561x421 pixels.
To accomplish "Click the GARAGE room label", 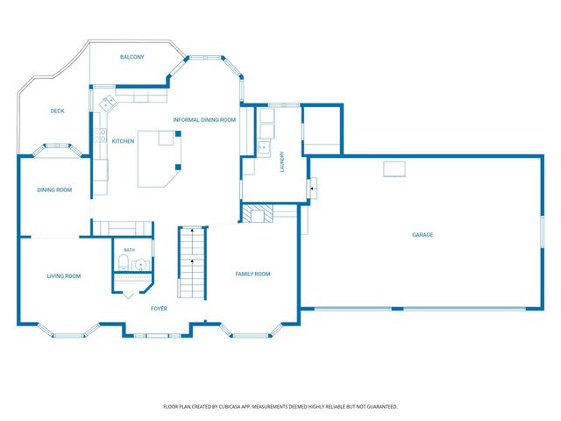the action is click(x=423, y=235).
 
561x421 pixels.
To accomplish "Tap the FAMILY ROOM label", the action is click(x=252, y=274).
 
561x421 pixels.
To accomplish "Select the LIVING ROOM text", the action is click(x=64, y=276).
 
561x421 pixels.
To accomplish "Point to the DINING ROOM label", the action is click(x=54, y=189).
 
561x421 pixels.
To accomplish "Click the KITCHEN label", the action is click(x=123, y=141).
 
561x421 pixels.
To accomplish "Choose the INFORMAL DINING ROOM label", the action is click(x=204, y=120).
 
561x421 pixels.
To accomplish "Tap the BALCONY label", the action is click(x=132, y=57).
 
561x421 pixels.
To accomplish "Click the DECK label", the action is click(x=57, y=111).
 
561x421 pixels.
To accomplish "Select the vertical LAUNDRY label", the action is click(x=282, y=161).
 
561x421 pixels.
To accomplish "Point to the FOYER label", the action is click(x=159, y=309).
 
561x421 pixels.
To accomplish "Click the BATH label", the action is click(x=130, y=250).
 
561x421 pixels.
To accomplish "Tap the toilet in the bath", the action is click(x=123, y=262).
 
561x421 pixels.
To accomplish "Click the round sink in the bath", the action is click(x=140, y=265).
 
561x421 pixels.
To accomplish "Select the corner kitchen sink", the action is click(x=108, y=103).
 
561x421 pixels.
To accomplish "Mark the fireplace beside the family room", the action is click(x=257, y=213).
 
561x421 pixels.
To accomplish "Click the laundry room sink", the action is click(x=264, y=147).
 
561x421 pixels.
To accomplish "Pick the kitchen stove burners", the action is click(x=100, y=135).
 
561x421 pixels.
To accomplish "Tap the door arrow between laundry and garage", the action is click(x=313, y=189).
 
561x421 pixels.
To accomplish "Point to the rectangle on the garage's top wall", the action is click(x=394, y=169).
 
